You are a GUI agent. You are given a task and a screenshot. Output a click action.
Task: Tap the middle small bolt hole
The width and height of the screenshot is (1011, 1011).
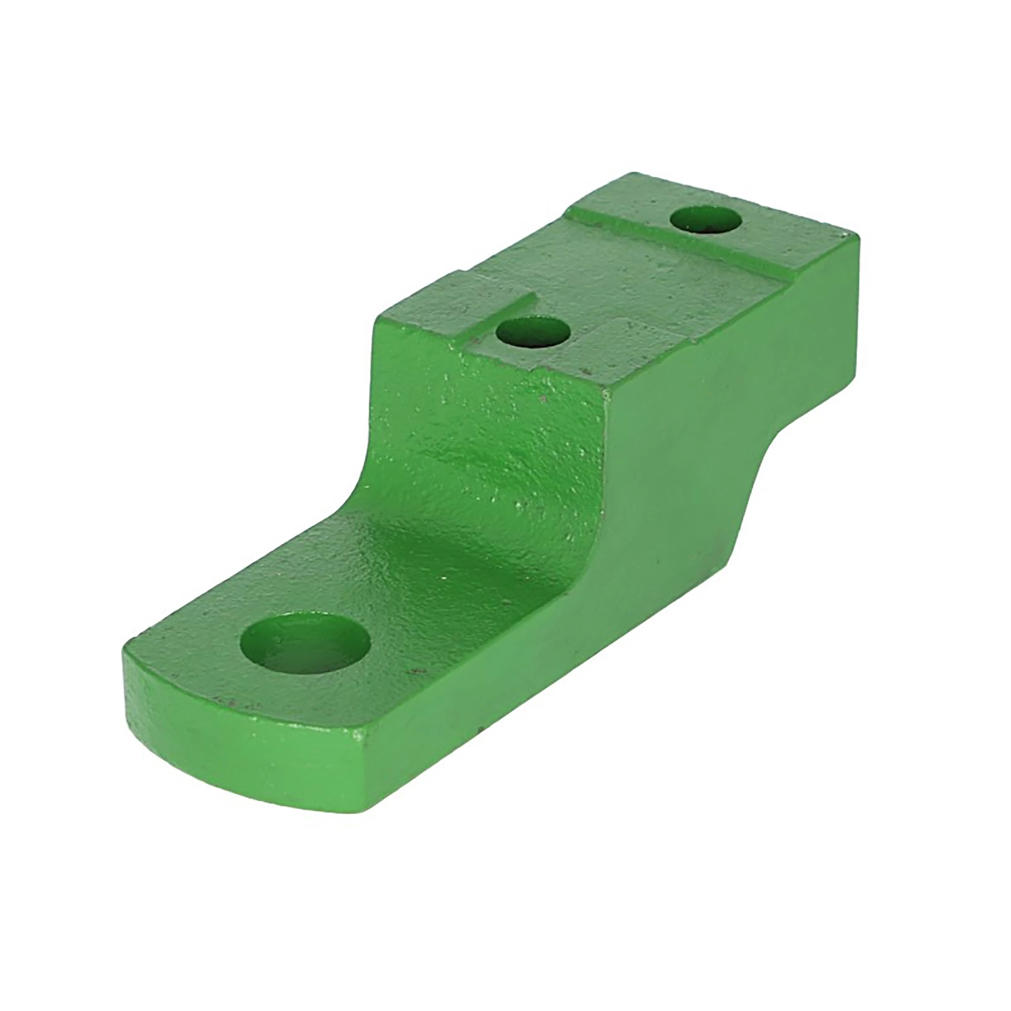pos(533,333)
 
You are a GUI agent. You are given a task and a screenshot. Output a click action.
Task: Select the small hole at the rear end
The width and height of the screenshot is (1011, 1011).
pos(706,220)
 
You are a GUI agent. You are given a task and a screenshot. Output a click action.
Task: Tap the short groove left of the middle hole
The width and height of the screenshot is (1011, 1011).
pos(502,309)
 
